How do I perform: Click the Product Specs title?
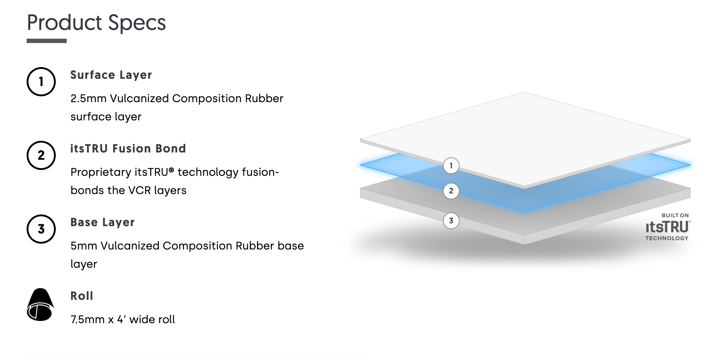click(x=96, y=23)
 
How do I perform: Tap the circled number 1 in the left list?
click(x=41, y=82)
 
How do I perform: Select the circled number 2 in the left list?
click(x=41, y=155)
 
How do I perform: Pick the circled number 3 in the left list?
click(x=41, y=229)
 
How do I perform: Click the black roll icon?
click(x=40, y=305)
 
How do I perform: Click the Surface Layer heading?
click(x=111, y=75)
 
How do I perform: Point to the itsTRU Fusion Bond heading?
click(x=128, y=148)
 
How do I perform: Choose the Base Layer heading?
click(x=102, y=222)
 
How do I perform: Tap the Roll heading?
click(x=82, y=296)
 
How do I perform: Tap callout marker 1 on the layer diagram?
click(x=451, y=166)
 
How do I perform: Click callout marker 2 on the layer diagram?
click(x=451, y=191)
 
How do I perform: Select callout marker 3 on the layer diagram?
click(x=451, y=221)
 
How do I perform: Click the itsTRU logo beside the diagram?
click(x=667, y=227)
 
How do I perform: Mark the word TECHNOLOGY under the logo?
click(x=667, y=238)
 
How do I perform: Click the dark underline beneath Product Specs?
click(x=47, y=41)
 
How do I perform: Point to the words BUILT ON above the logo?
click(x=675, y=216)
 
